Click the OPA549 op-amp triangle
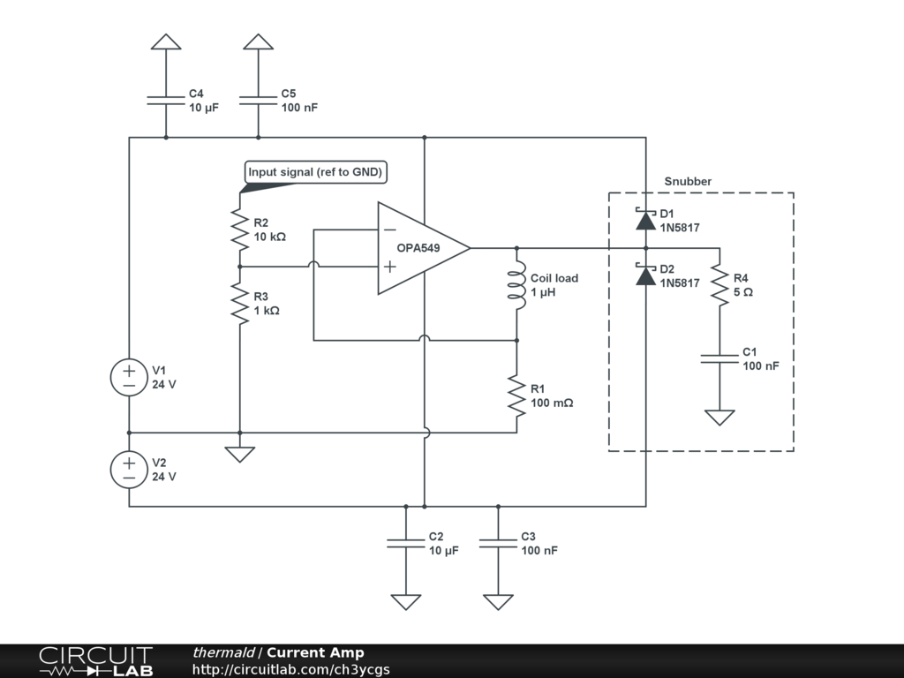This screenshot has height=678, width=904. click(x=419, y=248)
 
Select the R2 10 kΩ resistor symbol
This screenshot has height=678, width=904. click(x=239, y=230)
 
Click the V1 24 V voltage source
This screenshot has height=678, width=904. click(x=129, y=378)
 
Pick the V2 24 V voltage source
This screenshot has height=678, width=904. click(x=129, y=470)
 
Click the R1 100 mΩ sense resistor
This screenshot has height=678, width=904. click(x=516, y=395)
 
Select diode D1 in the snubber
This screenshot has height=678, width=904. click(x=645, y=219)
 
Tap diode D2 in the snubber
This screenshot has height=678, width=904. click(x=645, y=275)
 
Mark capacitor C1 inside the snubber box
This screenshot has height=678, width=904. click(x=719, y=358)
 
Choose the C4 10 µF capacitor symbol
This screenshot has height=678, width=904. click(x=166, y=100)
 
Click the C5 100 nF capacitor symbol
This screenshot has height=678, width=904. click(x=259, y=100)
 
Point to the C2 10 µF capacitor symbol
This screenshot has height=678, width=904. click(x=406, y=543)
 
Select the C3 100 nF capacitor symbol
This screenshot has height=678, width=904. click(x=498, y=543)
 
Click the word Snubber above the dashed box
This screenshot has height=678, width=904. click(x=688, y=182)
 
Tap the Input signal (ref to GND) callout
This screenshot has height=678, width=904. click(x=315, y=172)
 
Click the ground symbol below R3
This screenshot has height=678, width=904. click(x=239, y=454)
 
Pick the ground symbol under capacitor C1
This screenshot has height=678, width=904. click(x=719, y=417)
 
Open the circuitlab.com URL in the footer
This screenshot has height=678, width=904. click(x=290, y=669)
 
